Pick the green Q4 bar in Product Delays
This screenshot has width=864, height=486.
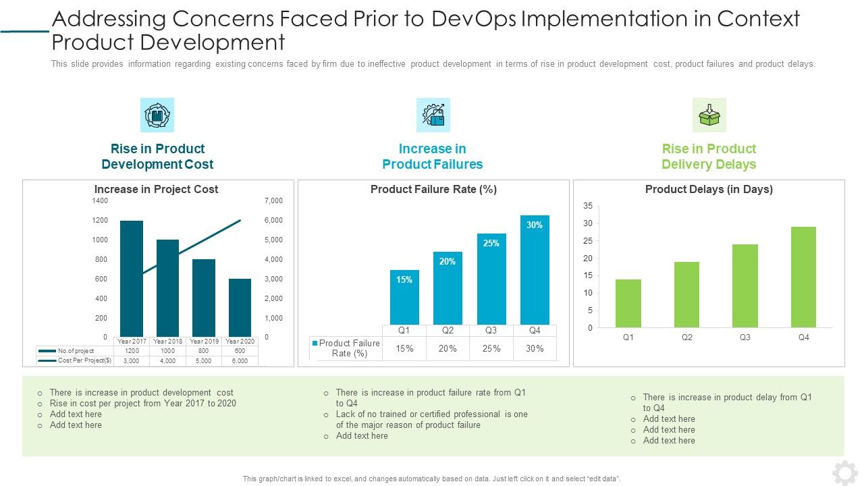point(803,277)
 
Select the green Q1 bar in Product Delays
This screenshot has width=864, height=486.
point(628,304)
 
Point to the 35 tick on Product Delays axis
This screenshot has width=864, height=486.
point(588,206)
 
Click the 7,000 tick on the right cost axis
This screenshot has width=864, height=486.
point(274,201)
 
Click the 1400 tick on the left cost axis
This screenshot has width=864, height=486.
point(100,201)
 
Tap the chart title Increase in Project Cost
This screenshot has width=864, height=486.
point(156,190)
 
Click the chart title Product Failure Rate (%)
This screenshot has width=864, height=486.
point(433,190)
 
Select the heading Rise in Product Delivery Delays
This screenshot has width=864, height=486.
point(709,157)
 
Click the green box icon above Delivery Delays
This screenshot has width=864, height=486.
point(709,115)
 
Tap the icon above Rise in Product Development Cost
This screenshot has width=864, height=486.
point(157,115)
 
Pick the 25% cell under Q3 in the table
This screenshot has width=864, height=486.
point(491,349)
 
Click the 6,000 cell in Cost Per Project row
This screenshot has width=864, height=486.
point(240,361)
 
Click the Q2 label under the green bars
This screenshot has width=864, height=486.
point(686,337)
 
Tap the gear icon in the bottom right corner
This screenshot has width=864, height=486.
point(844,473)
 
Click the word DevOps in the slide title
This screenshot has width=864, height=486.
point(473,19)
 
